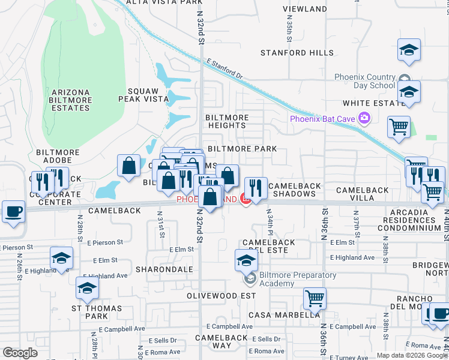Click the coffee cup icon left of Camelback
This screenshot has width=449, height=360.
pyautogui.click(x=13, y=212)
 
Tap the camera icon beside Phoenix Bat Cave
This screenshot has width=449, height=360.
pyautogui.click(x=364, y=118)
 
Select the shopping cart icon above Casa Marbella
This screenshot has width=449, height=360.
pyautogui.click(x=314, y=298)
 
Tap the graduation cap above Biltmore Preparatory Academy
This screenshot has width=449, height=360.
pyautogui.click(x=246, y=260)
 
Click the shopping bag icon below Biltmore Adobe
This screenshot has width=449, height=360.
pyautogui.click(x=129, y=166)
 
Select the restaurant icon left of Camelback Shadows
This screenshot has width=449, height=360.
pyautogui.click(x=256, y=187)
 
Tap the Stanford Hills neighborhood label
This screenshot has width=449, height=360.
pyautogui.click(x=297, y=53)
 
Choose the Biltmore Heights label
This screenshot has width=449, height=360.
pyautogui.click(x=226, y=121)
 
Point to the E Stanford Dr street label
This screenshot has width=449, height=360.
pyautogui.click(x=224, y=68)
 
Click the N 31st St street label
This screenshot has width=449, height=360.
pyautogui.click(x=160, y=224)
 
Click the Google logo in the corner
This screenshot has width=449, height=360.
pyautogui.click(x=20, y=353)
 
